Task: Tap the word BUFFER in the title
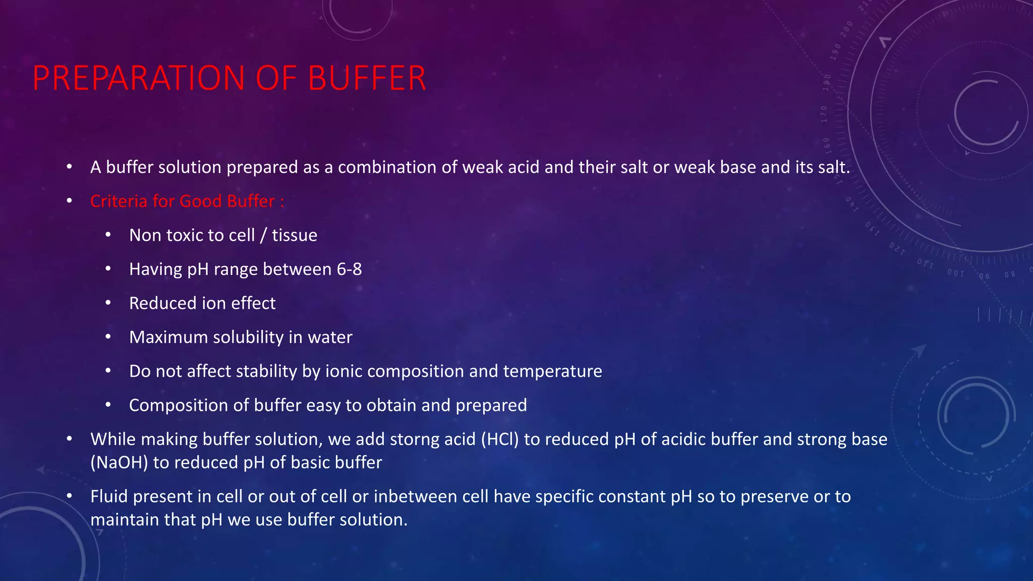pyautogui.click(x=367, y=79)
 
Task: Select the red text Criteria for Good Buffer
pyautogui.click(x=187, y=201)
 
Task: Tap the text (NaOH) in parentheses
pyautogui.click(x=119, y=462)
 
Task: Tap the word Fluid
pyautogui.click(x=109, y=497)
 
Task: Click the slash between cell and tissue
pyautogui.click(x=263, y=236)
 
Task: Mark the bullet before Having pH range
pyautogui.click(x=108, y=269)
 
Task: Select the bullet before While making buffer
pyautogui.click(x=70, y=439)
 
